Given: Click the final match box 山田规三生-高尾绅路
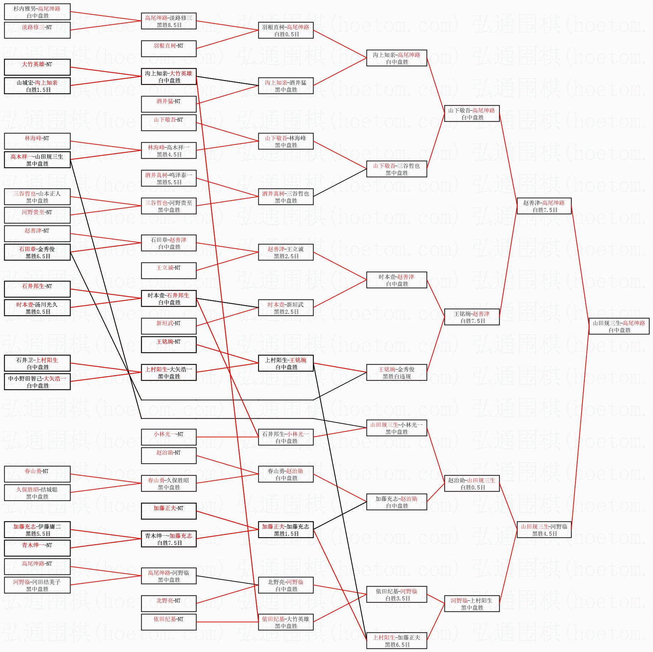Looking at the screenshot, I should click(619, 326).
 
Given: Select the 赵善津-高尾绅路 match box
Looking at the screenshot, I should click(544, 206).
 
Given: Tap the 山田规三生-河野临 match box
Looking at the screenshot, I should click(544, 530).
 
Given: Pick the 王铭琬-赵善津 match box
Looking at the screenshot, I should click(472, 317).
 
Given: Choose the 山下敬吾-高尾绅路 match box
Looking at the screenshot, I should click(472, 113).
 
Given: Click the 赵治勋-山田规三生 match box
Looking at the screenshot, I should click(472, 483).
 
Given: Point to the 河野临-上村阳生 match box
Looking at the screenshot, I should click(472, 604).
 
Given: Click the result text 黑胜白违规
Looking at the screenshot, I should click(396, 376).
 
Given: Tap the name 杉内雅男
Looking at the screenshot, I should click(25, 9).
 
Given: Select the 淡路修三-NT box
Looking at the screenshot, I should click(37, 30).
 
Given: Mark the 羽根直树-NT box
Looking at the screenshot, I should click(169, 49).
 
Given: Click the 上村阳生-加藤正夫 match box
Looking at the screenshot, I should click(396, 641).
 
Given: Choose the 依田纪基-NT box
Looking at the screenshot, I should click(169, 622).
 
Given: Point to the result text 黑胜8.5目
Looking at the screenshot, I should click(169, 25).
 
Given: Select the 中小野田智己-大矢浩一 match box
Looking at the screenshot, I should click(37, 382).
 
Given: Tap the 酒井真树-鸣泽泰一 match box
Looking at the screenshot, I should click(169, 178).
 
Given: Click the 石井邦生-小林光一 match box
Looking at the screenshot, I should click(286, 437).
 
